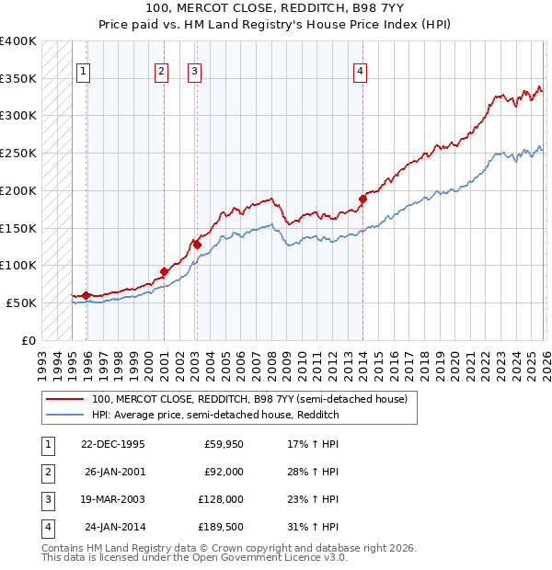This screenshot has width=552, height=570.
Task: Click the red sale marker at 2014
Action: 362,198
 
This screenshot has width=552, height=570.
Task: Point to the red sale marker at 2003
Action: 197,244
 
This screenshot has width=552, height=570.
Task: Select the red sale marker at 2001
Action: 164,271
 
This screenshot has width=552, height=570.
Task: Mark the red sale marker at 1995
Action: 86,295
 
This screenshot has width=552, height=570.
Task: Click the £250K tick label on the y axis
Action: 18,153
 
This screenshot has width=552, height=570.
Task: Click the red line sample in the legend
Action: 64,399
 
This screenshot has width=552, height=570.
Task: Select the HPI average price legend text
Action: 215,415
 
